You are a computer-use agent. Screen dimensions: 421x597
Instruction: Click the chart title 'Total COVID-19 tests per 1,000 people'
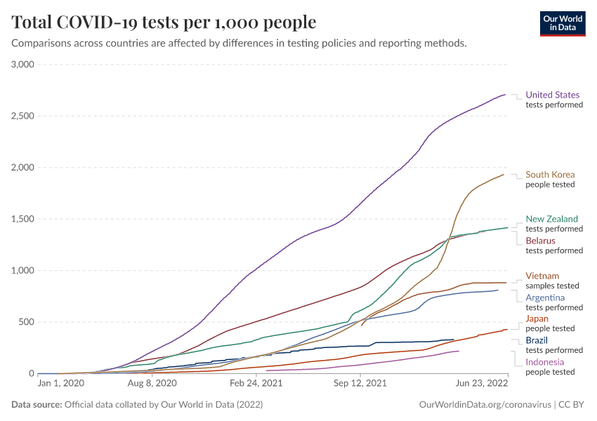coord(164,22)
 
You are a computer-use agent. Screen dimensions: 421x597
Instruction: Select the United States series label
coord(553,95)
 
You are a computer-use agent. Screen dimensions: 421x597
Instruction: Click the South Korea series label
coord(550,175)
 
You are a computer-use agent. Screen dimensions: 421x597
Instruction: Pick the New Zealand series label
coord(552,219)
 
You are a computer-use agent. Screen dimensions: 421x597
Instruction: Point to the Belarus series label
coord(540,241)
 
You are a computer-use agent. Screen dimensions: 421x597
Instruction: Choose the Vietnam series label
coord(542,276)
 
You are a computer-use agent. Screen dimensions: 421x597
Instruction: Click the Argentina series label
coord(545,298)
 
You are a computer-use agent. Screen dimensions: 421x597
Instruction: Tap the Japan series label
coord(537,319)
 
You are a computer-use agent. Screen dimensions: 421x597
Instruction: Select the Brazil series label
coord(537,340)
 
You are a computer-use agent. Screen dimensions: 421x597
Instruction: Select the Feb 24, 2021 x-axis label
coord(255,384)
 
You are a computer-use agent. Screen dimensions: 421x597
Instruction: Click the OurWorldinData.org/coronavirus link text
coord(484,405)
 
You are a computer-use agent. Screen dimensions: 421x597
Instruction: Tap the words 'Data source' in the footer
coord(36,405)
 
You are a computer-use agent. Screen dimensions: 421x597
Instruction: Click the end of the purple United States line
coord(506,94)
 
